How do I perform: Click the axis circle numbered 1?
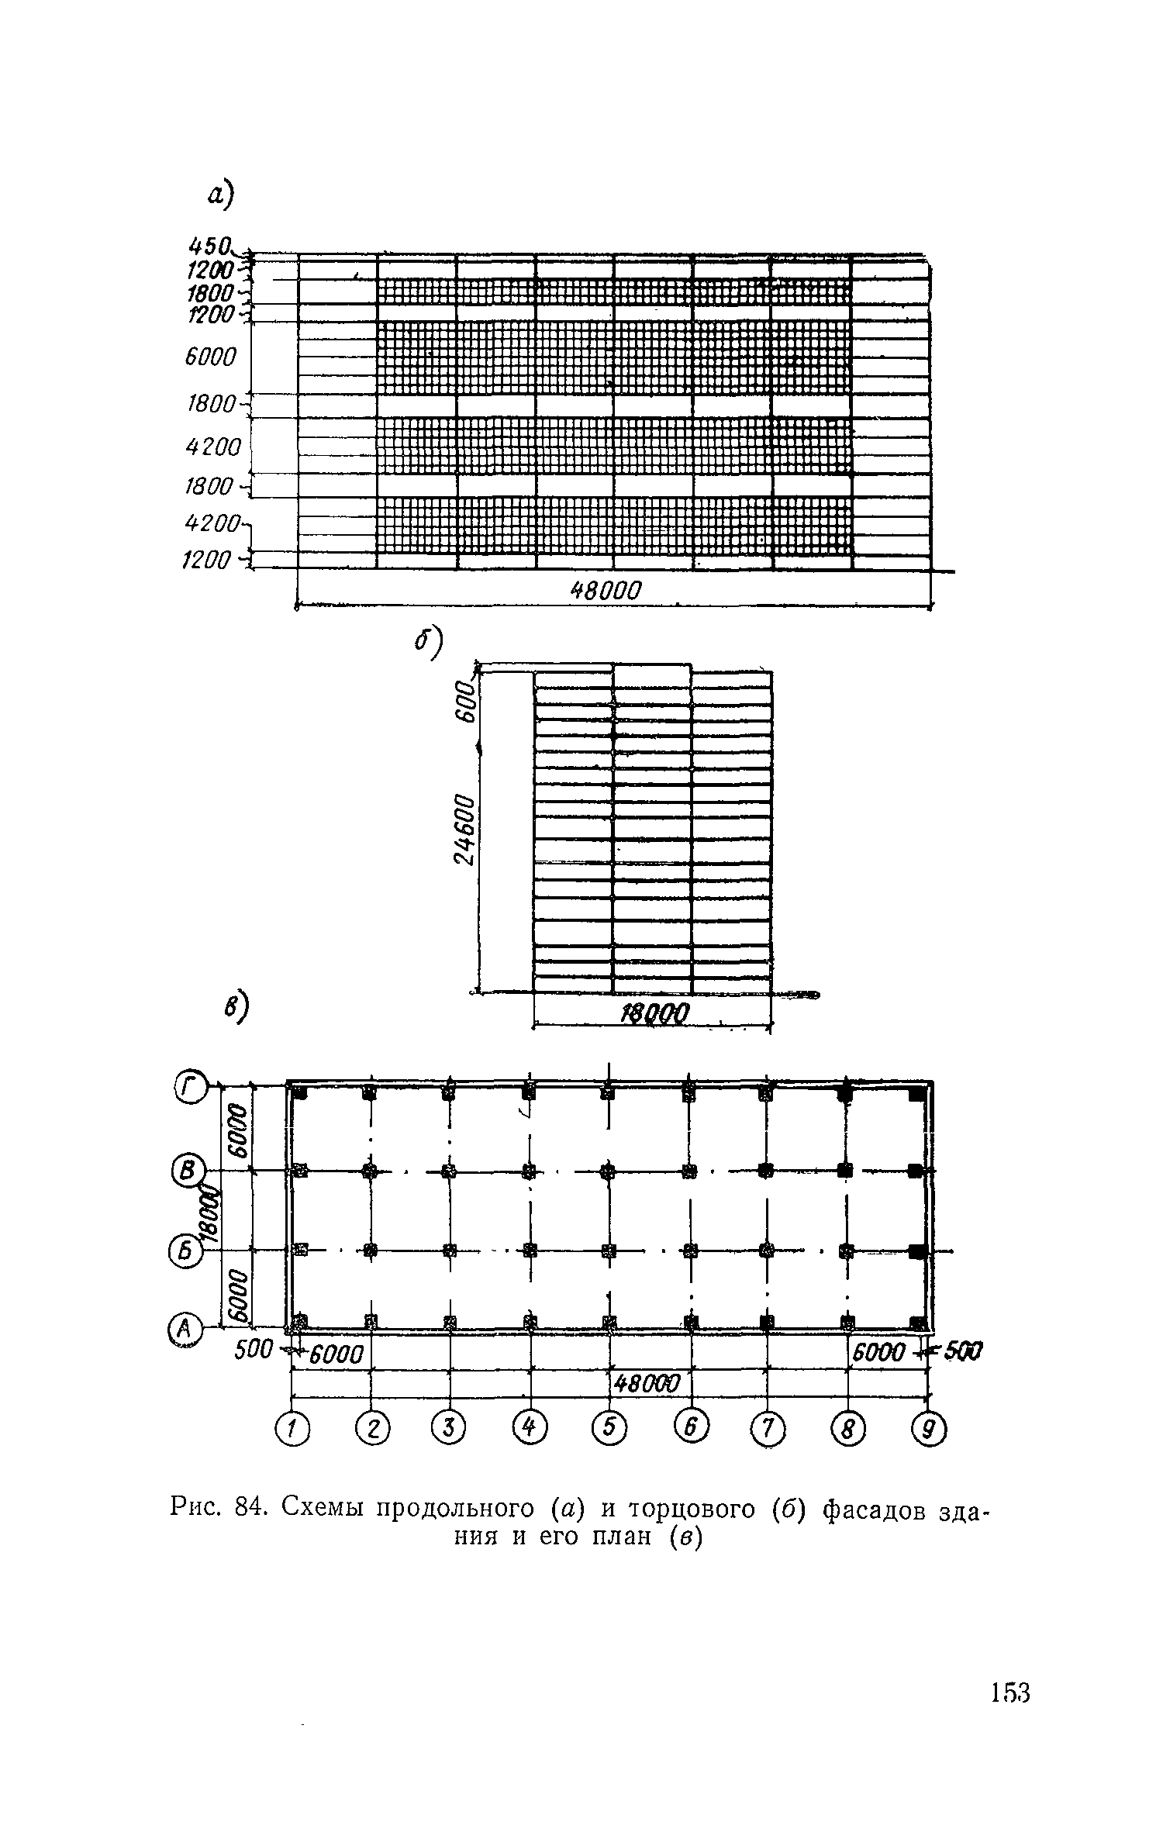tap(292, 1430)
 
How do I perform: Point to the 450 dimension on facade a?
tap(209, 247)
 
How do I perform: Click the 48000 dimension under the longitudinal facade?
tap(607, 592)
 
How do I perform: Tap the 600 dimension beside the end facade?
tap(464, 700)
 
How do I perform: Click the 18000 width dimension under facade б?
tap(656, 1013)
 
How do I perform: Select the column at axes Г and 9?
tap(917, 1093)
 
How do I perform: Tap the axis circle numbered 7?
tap(767, 1430)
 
